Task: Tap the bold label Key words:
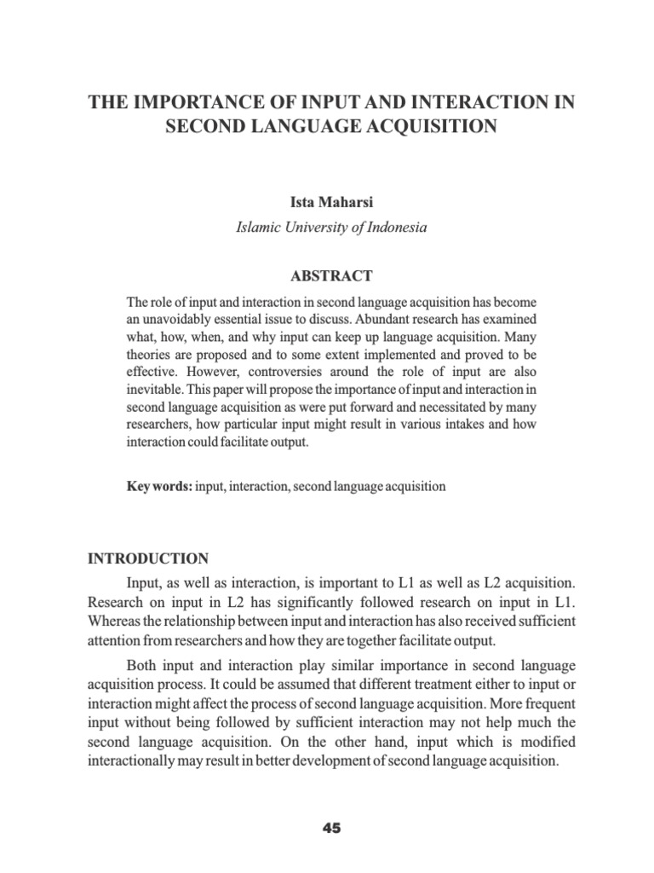click(x=159, y=486)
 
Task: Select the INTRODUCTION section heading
click(x=148, y=559)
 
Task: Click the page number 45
click(x=331, y=828)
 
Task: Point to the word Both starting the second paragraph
click(x=142, y=665)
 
